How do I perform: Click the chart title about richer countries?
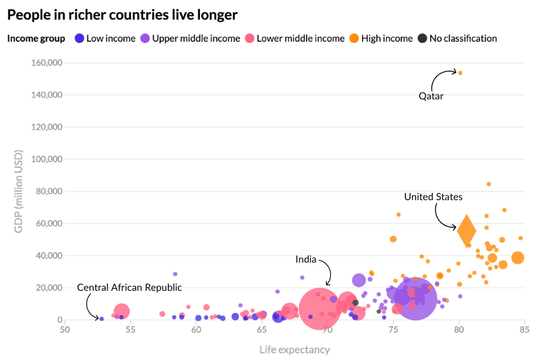click(122, 14)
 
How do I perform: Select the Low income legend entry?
click(105, 38)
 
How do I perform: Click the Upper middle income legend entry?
click(190, 38)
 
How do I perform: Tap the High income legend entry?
click(381, 38)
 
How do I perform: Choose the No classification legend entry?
click(457, 38)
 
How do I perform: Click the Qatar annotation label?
click(431, 96)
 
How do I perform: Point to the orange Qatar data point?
click(460, 73)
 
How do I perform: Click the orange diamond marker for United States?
click(467, 231)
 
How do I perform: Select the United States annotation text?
click(433, 197)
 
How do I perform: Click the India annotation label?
click(306, 259)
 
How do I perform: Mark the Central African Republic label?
click(130, 287)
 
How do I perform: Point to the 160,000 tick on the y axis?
click(47, 63)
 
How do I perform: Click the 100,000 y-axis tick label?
click(47, 159)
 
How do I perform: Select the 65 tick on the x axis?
click(262, 330)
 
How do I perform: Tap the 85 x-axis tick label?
click(524, 330)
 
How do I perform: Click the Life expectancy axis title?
click(295, 349)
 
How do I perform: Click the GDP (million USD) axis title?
click(19, 192)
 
